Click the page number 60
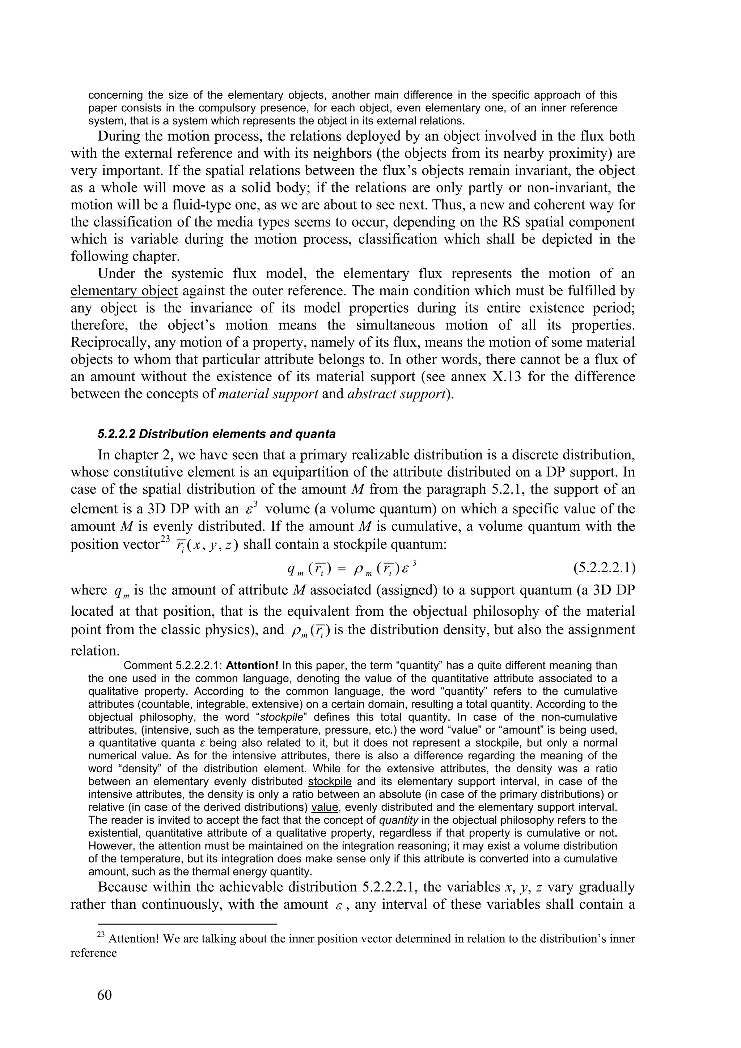[104, 994]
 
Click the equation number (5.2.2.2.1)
[604, 569]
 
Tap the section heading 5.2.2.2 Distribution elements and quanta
[216, 434]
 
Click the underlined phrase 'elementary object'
[124, 291]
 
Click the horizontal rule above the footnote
[174, 924]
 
